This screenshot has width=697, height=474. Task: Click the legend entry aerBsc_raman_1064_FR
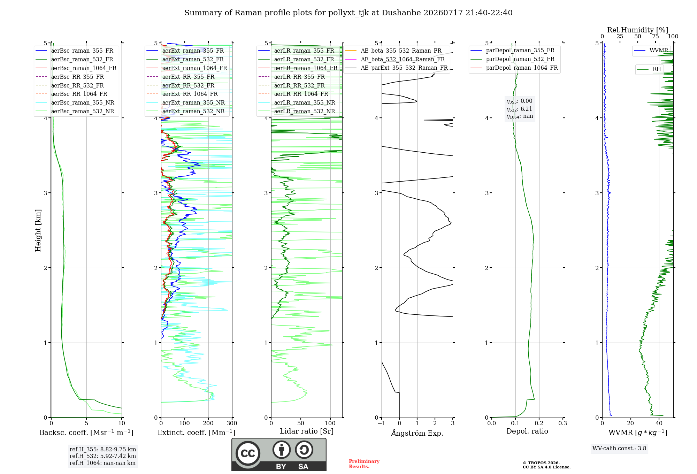pos(76,68)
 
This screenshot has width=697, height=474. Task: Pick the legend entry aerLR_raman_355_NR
pos(297,103)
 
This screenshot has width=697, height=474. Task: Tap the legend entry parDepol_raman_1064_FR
pos(514,68)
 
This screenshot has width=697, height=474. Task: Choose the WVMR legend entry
pos(651,51)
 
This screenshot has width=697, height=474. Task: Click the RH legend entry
pos(649,69)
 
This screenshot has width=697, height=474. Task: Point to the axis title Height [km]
pos(38,230)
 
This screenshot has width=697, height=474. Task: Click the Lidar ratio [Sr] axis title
pos(307,431)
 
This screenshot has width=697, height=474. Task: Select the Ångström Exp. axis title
pos(417,433)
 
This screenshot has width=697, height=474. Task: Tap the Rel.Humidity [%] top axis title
pos(638,30)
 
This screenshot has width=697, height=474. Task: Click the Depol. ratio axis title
pos(527,431)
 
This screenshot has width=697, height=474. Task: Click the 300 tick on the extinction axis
pos(232,423)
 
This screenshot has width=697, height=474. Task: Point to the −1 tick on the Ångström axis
pos(381,423)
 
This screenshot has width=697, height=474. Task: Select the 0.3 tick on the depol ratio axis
pos(563,423)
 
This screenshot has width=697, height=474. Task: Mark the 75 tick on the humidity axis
pos(656,37)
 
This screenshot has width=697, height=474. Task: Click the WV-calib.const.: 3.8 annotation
pos(619,449)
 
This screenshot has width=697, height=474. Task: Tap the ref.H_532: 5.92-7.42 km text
pos(103,456)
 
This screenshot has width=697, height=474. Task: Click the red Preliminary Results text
pos(364,464)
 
